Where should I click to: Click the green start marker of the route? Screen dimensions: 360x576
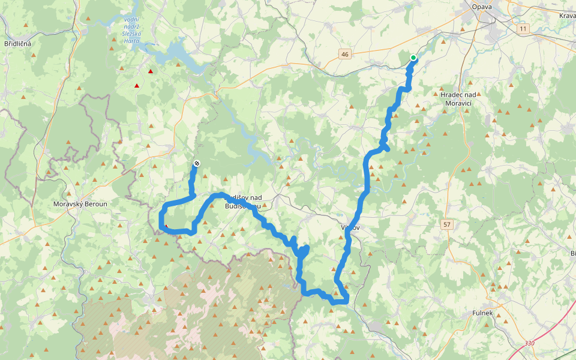pyautogui.click(x=413, y=58)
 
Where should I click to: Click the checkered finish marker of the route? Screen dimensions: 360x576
pyautogui.click(x=197, y=164)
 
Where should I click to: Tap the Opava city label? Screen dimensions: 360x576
pyautogui.click(x=481, y=7)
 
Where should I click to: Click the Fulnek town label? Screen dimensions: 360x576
pyautogui.click(x=482, y=313)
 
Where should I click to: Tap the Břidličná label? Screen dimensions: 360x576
pyautogui.click(x=17, y=44)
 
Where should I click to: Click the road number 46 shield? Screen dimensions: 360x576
pyautogui.click(x=344, y=55)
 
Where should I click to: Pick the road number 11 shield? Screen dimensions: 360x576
pyautogui.click(x=523, y=29)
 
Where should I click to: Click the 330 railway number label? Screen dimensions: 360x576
pyautogui.click(x=529, y=343)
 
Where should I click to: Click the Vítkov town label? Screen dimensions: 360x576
pyautogui.click(x=350, y=228)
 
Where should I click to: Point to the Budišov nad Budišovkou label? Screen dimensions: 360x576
pyautogui.click(x=242, y=202)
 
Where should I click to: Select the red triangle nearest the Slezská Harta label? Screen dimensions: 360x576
pyautogui.click(x=150, y=72)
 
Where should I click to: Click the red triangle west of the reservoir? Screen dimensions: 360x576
pyautogui.click(x=137, y=86)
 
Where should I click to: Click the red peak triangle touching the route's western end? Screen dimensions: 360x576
pyautogui.click(x=166, y=226)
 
